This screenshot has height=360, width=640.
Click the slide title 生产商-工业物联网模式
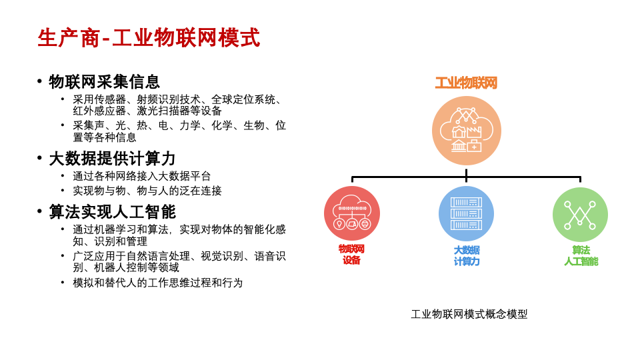[149, 38]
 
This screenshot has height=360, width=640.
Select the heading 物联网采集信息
[105, 82]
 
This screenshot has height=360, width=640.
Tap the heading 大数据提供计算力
[112, 159]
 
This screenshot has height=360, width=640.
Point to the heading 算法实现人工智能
[112, 212]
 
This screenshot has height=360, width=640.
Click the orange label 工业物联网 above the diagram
[466, 83]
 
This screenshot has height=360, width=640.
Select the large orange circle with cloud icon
[466, 131]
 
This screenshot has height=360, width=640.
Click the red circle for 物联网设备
[352, 213]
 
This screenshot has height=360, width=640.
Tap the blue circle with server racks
[466, 213]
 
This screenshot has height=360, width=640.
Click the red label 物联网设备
[352, 255]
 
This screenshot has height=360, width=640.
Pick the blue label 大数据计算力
[466, 255]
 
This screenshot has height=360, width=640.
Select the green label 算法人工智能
[581, 255]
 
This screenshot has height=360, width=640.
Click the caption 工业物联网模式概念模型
[469, 314]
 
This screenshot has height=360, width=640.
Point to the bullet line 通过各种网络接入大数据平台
[142, 176]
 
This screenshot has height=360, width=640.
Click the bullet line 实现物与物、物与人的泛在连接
[147, 191]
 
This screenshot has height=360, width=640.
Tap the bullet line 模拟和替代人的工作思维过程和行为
[158, 283]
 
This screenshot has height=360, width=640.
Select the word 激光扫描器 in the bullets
[163, 111]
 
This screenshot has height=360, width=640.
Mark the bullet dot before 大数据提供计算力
[39, 159]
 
